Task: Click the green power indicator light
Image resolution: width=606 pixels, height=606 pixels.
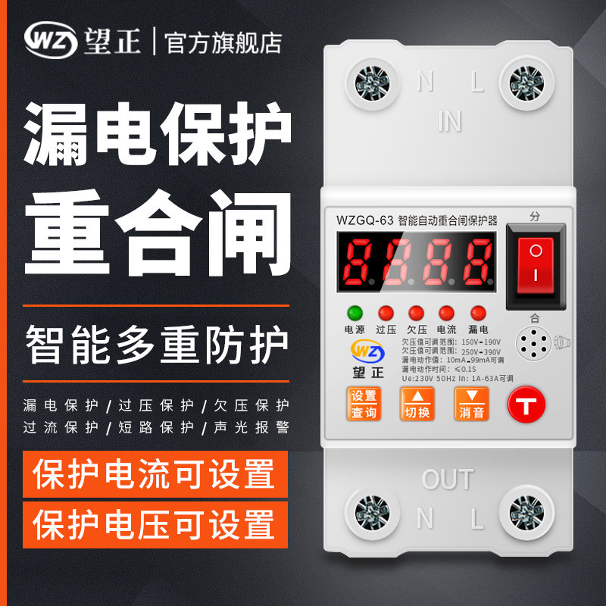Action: (x=354, y=313)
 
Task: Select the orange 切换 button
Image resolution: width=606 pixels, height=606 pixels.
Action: (x=417, y=404)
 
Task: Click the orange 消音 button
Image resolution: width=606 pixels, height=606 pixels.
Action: (x=471, y=404)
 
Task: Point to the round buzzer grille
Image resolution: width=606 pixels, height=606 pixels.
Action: (x=535, y=346)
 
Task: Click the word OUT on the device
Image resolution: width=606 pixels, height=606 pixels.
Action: (x=447, y=479)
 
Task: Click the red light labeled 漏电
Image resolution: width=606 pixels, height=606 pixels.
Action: (x=478, y=313)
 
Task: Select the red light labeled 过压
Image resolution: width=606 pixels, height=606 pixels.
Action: (x=386, y=313)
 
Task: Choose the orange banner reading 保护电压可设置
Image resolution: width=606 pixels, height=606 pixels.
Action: (x=155, y=522)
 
